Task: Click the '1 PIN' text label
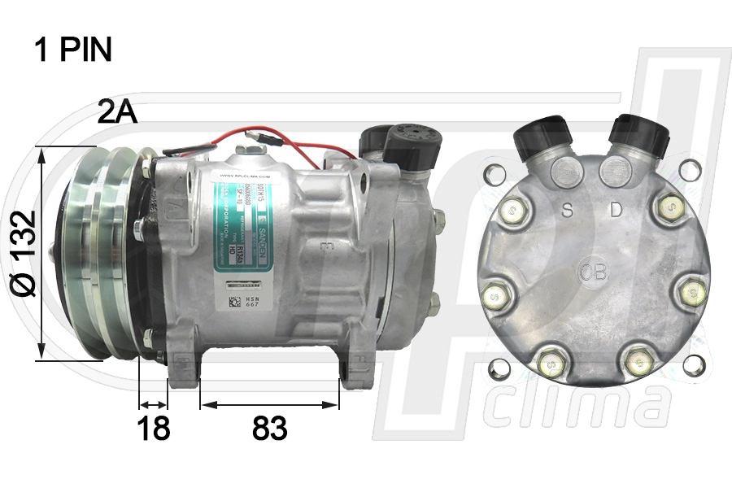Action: [x=72, y=50]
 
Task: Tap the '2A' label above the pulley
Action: [x=117, y=112]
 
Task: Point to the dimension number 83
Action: [x=269, y=429]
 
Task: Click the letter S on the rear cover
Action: [x=569, y=211]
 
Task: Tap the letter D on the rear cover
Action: [x=616, y=210]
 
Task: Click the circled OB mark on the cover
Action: [x=593, y=271]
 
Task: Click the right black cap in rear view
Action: [x=642, y=133]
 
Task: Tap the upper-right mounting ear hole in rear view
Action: [x=690, y=170]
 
